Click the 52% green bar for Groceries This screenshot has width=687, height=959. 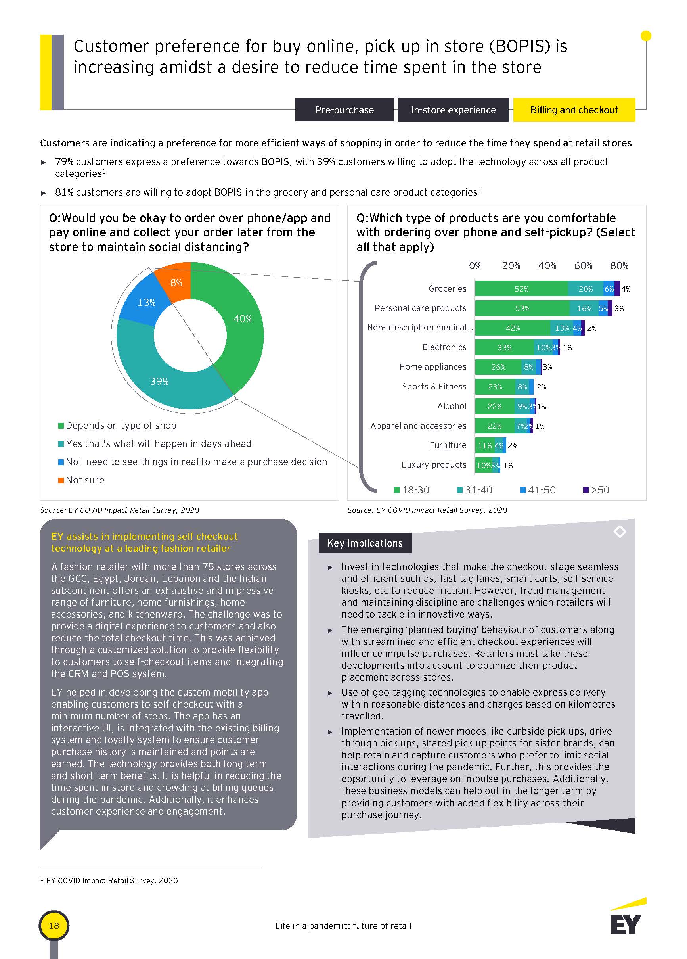pos(521,289)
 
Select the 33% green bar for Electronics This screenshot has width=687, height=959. pos(504,347)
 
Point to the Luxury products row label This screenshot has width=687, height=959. pos(434,465)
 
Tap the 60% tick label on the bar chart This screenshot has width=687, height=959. pos(583,266)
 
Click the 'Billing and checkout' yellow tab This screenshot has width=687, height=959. pos(574,110)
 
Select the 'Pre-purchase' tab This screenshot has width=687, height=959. pos(344,110)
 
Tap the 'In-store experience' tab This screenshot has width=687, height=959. pos(453,110)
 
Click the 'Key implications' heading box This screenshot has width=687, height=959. pos(364,543)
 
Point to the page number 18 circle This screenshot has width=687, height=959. pos(54,926)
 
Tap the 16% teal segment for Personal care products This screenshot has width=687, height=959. pos(584,308)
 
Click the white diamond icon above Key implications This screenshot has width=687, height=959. pos(619,531)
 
